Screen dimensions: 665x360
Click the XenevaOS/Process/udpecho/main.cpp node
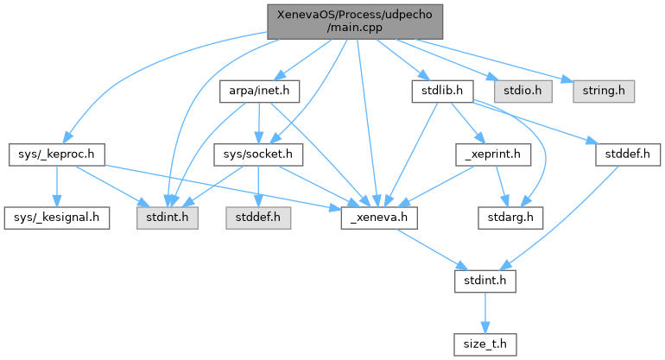click(355, 22)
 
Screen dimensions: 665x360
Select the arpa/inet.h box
click(259, 92)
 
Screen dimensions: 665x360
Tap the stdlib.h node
click(442, 92)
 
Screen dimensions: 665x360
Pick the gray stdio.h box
click(522, 92)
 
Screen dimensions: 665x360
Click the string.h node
click(604, 92)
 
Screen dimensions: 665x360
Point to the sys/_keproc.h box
click(56, 155)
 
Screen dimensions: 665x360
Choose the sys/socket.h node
click(258, 155)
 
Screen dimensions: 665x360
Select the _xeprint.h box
click(493, 155)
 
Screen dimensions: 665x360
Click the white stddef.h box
click(628, 155)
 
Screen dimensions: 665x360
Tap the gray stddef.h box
click(258, 218)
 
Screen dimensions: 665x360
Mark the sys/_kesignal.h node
click(57, 218)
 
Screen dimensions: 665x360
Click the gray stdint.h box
click(167, 218)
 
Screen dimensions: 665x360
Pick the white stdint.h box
click(485, 281)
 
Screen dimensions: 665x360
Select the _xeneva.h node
click(379, 218)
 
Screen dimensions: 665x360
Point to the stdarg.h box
click(510, 218)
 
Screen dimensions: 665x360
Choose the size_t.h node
click(485, 344)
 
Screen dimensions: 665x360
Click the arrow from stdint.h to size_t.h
click(485, 313)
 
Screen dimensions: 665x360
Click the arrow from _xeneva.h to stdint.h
click(433, 249)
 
